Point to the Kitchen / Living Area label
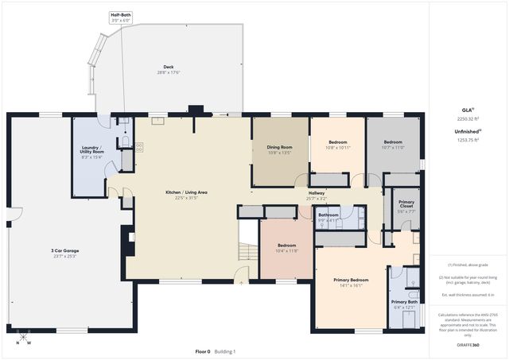(x=186, y=195)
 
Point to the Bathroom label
(x=328, y=217)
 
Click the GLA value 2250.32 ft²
(x=468, y=118)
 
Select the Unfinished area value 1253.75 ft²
(x=468, y=139)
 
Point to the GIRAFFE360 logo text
(x=468, y=343)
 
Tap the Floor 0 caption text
(x=203, y=351)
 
